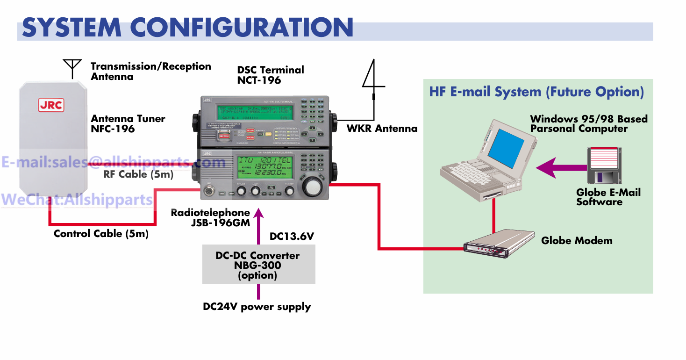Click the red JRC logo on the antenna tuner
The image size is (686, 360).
tap(51, 105)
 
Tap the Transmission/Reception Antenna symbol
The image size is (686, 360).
tap(72, 68)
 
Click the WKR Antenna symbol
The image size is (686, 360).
tap(373, 79)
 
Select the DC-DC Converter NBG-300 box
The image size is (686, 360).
tap(258, 265)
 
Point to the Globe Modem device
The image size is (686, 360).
tap(498, 243)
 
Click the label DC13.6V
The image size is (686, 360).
tap(292, 237)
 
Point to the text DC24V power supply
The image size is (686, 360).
tap(257, 307)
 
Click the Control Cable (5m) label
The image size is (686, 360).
tap(101, 234)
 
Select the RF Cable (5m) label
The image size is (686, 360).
tap(138, 174)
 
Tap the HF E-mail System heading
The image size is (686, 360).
tap(536, 92)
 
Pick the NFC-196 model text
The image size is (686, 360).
tap(113, 129)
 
